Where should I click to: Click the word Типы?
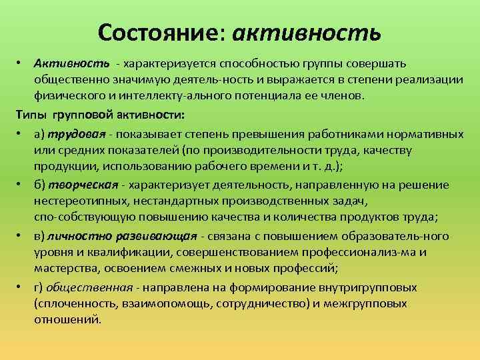31,113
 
